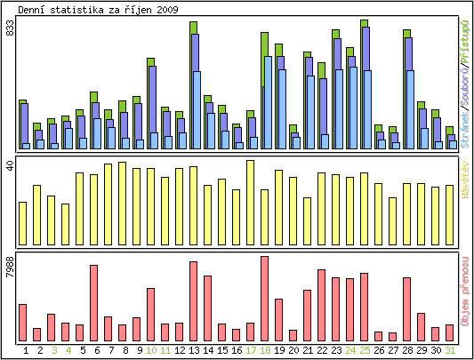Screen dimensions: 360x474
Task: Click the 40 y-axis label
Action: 11,166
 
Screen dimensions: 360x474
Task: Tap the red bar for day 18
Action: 264,299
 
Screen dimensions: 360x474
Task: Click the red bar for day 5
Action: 93,303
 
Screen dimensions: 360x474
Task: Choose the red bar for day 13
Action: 193,301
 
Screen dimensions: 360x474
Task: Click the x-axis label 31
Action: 449,351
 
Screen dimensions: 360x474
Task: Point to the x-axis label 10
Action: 150,351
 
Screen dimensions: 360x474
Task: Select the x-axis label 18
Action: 264,351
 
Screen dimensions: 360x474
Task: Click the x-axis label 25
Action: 364,351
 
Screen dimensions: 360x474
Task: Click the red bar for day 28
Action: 406,309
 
